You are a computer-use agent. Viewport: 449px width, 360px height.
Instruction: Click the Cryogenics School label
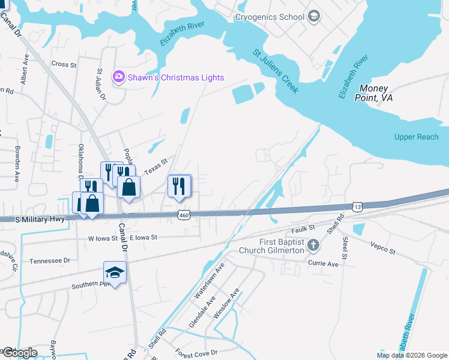click(x=270, y=17)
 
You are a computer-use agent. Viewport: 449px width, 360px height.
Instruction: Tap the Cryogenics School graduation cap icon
click(x=313, y=16)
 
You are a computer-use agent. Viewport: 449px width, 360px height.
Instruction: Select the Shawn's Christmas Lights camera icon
click(x=118, y=76)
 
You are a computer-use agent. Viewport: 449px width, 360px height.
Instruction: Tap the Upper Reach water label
click(x=416, y=137)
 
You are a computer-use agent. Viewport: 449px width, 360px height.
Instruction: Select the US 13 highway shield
click(x=358, y=206)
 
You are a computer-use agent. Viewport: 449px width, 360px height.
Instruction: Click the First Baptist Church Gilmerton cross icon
click(x=313, y=245)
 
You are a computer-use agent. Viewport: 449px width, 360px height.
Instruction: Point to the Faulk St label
click(x=303, y=228)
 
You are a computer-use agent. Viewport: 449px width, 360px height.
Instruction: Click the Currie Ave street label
click(x=324, y=263)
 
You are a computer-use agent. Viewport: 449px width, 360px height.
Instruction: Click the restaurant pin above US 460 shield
click(x=179, y=186)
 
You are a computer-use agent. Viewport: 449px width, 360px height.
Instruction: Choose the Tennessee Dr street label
click(x=50, y=260)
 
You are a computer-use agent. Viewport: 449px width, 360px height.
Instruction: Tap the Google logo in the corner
click(x=19, y=352)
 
